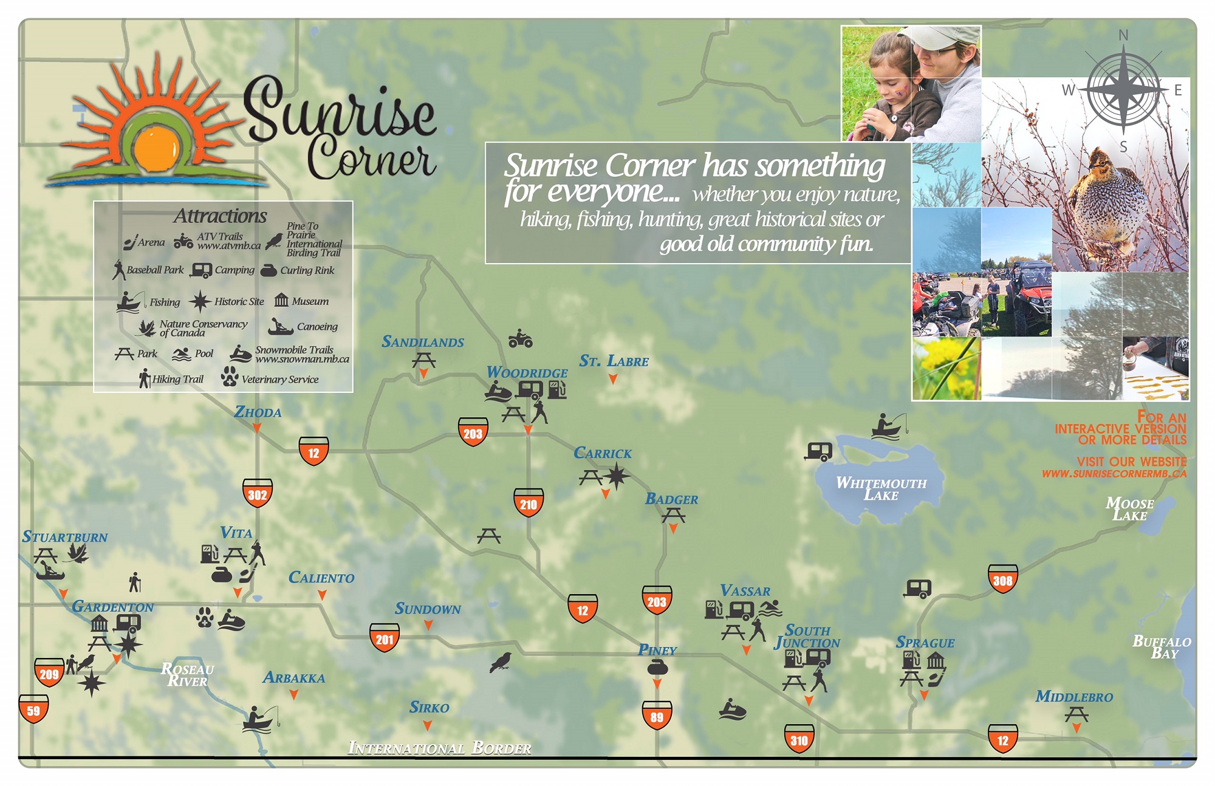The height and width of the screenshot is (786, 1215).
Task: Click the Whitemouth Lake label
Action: (881, 489)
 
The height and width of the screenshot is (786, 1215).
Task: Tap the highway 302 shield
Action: (257, 494)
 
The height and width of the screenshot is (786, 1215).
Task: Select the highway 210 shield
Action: (528, 503)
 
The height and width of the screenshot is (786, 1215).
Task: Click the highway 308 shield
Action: (1002, 579)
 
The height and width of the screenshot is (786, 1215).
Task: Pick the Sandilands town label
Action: (422, 342)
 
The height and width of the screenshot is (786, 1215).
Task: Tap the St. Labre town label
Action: (614, 361)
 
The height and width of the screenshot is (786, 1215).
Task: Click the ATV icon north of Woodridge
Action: (520, 339)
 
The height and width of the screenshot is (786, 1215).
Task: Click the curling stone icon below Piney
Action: (657, 668)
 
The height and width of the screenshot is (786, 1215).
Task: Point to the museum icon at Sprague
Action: (936, 660)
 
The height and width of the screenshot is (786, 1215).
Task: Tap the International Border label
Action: (439, 748)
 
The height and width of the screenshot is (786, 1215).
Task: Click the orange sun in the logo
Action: (156, 149)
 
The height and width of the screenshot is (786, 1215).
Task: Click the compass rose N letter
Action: (1123, 36)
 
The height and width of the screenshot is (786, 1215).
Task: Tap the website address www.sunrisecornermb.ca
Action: (1114, 474)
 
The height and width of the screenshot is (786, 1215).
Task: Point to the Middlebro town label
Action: (1073, 697)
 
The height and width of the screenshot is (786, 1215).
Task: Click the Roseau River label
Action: (187, 675)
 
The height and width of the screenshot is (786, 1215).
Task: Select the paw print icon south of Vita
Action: (205, 618)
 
